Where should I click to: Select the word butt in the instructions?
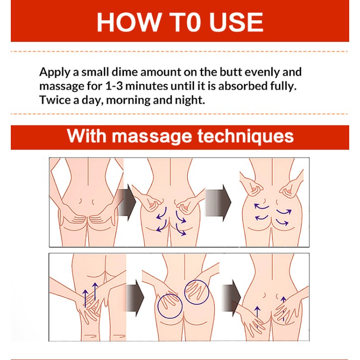[231, 72]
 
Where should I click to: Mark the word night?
[189, 99]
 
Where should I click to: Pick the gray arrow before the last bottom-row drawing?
[234, 297]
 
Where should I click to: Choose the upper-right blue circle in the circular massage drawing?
[196, 292]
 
